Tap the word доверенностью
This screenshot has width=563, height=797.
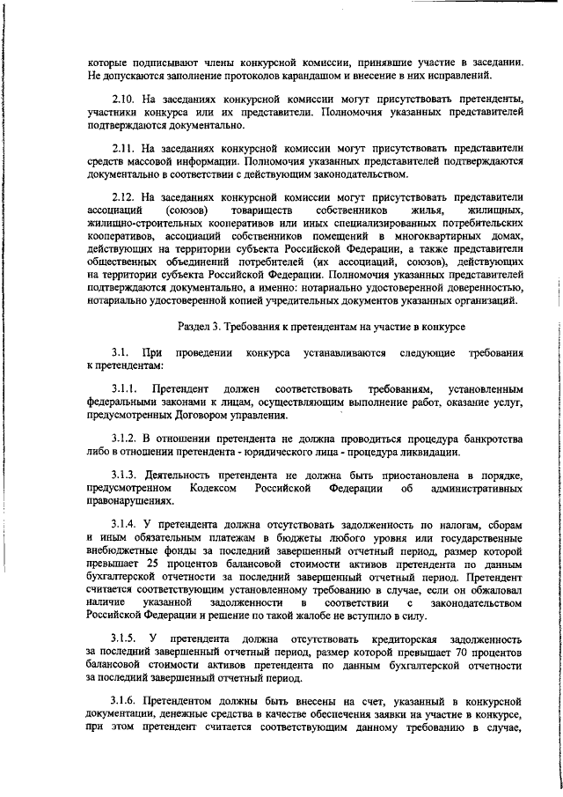click(x=474, y=287)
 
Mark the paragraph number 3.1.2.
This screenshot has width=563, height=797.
click(x=127, y=439)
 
